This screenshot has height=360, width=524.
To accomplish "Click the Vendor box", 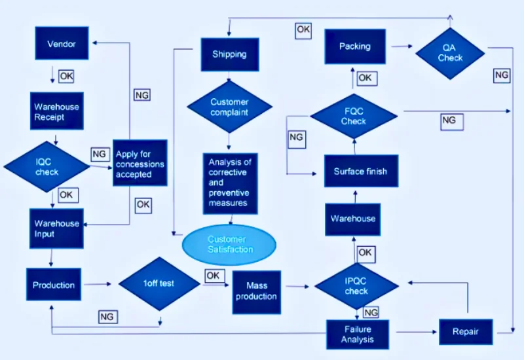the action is click(62, 43).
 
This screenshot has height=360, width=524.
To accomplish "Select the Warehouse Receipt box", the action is click(57, 111).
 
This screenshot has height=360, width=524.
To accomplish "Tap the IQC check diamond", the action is click(47, 166).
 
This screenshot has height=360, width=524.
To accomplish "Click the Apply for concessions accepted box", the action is click(140, 162).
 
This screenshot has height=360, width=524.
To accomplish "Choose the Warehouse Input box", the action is click(56, 228).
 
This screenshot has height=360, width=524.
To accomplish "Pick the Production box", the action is click(54, 284).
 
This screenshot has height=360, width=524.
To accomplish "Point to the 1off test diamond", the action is click(159, 283).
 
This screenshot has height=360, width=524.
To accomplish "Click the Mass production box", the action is click(257, 292).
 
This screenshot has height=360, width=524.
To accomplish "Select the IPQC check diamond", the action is click(356, 286).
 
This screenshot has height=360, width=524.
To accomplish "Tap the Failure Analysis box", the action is click(358, 334).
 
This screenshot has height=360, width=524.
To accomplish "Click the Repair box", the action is click(466, 332).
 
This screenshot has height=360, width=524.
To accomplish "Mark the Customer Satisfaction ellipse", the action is click(229, 244).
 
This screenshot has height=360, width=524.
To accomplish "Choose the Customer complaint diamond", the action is click(230, 107).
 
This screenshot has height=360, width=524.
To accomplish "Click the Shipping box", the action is click(230, 54).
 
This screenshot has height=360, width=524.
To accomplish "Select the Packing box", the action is click(355, 46).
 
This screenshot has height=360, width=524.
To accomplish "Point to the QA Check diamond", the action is click(450, 54).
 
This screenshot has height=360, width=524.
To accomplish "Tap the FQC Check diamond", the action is click(354, 117).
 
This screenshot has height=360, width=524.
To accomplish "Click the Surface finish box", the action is click(362, 171).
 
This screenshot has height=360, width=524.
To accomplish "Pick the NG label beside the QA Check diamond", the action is click(502, 75).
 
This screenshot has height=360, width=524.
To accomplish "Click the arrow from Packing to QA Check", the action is click(402, 46).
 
